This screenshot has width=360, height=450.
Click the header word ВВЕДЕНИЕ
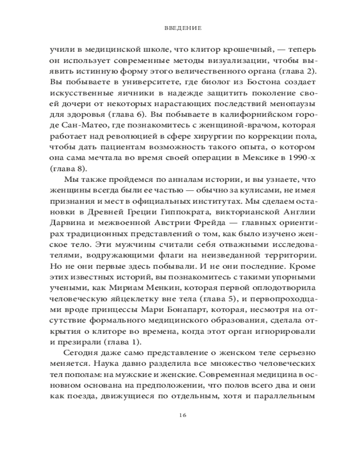[x=180, y=28]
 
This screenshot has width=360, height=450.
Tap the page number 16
[x=180, y=414]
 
